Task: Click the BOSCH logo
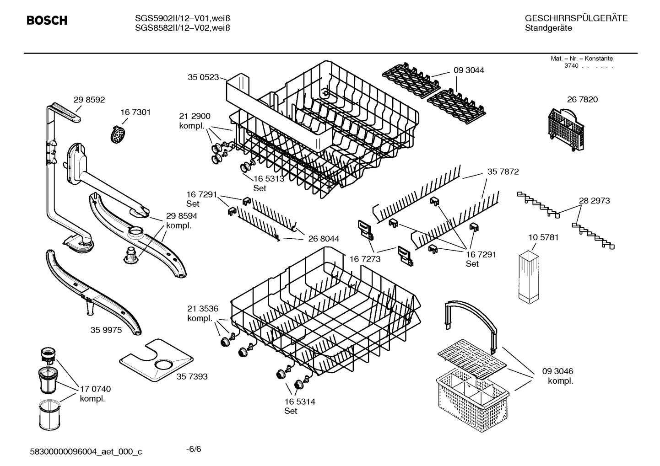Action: (47, 21)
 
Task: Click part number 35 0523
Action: (203, 77)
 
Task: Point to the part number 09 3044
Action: (469, 70)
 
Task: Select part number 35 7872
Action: (503, 171)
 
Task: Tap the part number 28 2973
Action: (594, 200)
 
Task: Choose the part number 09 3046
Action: (557, 371)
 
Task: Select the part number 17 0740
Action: (95, 389)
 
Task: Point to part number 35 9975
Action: (106, 330)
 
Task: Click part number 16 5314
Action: (299, 402)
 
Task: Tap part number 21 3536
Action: (202, 309)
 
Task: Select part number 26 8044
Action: (324, 239)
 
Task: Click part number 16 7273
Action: (365, 259)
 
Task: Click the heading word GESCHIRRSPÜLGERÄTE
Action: (576, 19)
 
